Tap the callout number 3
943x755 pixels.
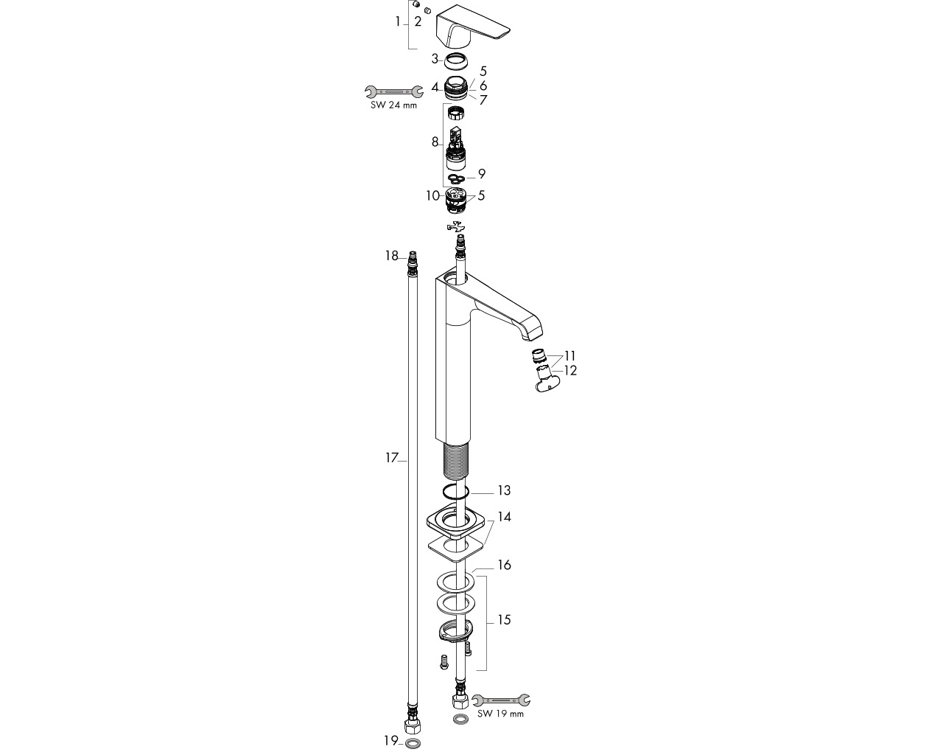435,59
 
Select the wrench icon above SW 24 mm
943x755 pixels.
394,91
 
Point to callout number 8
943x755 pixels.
435,142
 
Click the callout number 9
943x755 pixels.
482,174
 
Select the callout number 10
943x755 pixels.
432,195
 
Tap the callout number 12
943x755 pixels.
570,371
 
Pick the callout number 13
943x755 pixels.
504,490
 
